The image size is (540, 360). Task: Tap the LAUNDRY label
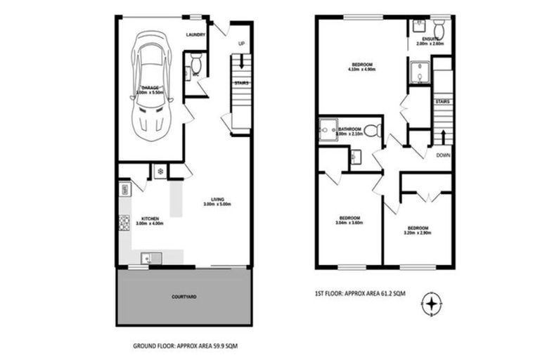click(196, 34)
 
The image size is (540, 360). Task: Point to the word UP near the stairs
click(241, 44)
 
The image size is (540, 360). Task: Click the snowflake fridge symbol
click(159, 171)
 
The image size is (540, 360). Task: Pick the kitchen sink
click(149, 257)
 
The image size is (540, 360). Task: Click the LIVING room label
click(217, 200)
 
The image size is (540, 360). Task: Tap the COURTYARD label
click(184, 297)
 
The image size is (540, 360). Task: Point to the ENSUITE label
click(431, 39)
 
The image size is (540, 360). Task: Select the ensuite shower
click(420, 72)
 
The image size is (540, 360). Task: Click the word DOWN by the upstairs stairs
click(443, 155)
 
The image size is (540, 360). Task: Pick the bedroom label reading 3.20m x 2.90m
click(418, 229)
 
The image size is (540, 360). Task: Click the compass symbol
click(431, 304)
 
